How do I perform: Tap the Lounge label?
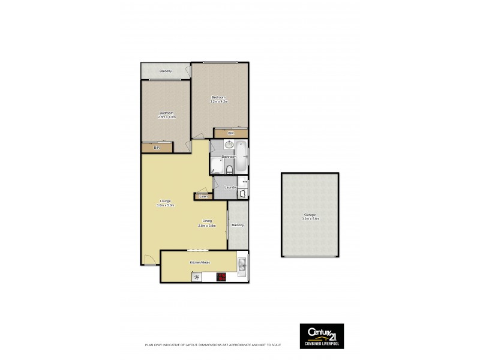pos(166,200)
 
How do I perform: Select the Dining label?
pos(206,221)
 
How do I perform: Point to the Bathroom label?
pos(229,157)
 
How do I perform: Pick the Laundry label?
pos(229,187)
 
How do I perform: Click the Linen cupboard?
pos(203,196)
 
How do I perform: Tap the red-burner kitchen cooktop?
pos(221,277)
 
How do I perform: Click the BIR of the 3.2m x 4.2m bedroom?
pos(230,133)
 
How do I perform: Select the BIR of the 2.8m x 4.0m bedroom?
pos(157,148)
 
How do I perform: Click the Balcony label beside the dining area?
pos(238,225)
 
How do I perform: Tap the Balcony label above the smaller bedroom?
pos(166,71)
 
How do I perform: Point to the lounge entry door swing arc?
pos(150,260)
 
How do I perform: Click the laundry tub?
pos(242,193)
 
